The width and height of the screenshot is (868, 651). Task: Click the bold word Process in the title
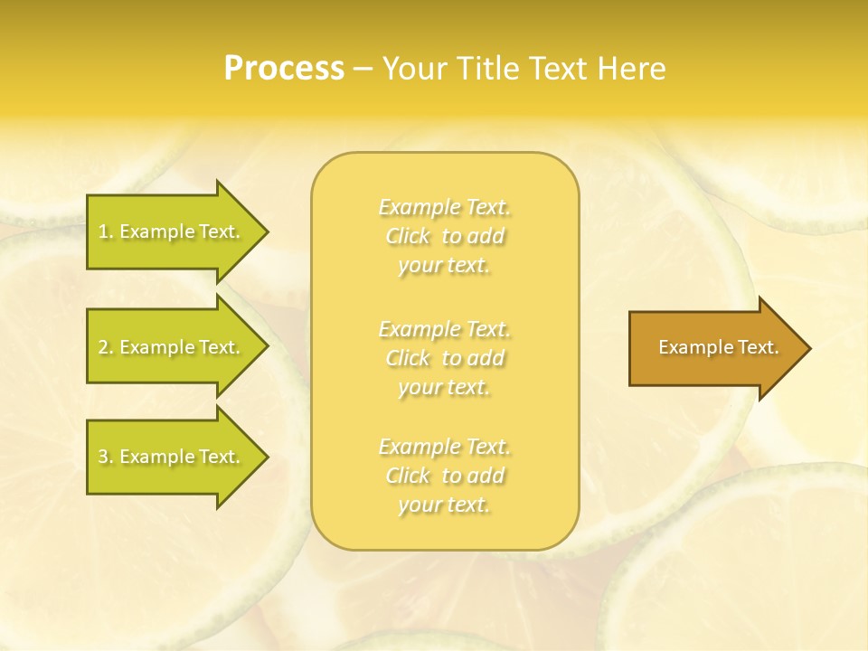click(x=284, y=69)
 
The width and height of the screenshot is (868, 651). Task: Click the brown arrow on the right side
click(x=714, y=347)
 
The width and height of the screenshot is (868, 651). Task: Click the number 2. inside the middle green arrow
click(x=106, y=347)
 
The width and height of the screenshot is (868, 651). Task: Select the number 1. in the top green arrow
click(x=106, y=231)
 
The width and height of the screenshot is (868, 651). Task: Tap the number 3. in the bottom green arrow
click(x=106, y=457)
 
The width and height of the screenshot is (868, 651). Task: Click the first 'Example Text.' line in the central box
click(x=444, y=207)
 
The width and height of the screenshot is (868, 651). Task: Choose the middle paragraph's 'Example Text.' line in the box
click(x=444, y=328)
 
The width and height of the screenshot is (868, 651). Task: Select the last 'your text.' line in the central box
click(x=444, y=505)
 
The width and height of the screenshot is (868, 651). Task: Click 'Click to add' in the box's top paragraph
click(x=444, y=236)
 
